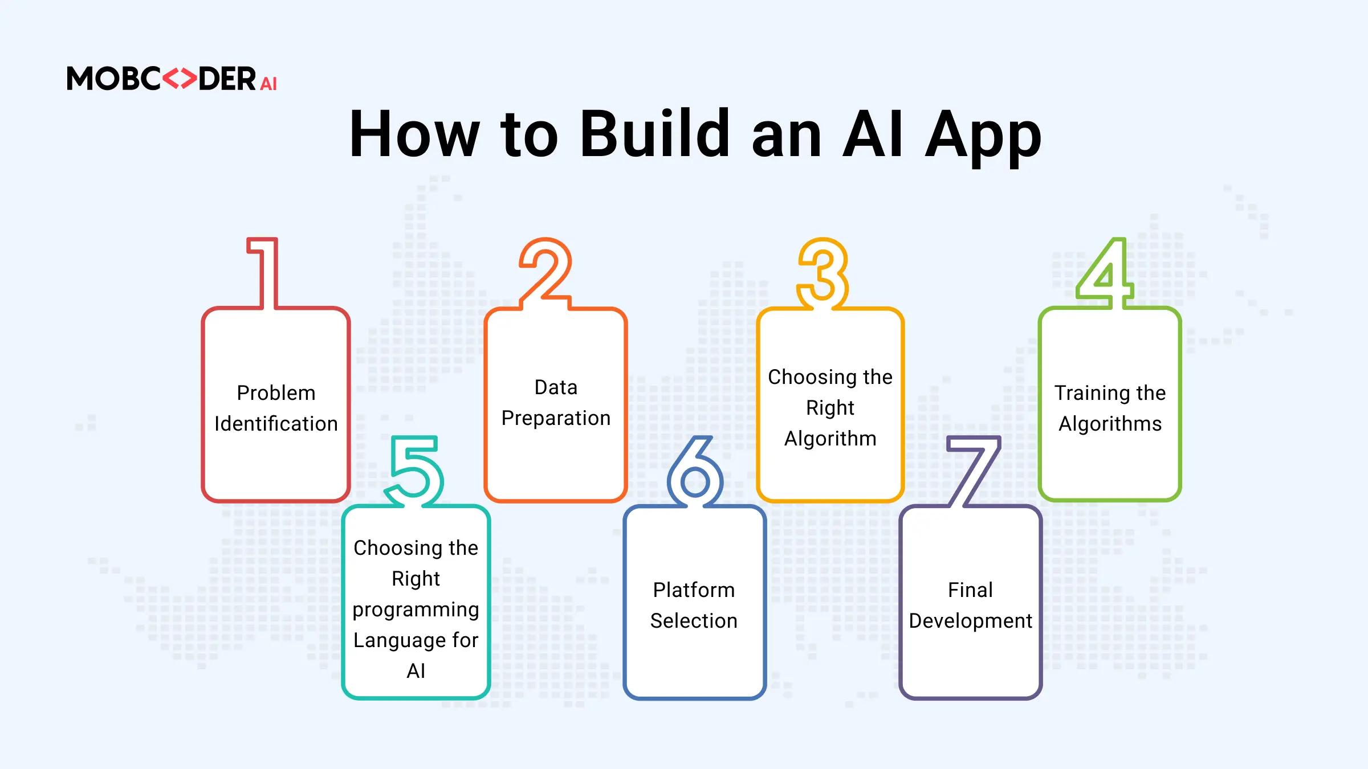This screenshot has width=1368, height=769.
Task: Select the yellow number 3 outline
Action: [823, 273]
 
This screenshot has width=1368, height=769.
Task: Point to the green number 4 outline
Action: [1105, 273]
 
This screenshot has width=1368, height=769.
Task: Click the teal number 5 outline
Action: [414, 471]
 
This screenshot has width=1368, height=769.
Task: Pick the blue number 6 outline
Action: [695, 471]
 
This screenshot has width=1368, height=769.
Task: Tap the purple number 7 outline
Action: [974, 471]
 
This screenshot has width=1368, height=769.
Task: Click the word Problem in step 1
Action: [276, 393]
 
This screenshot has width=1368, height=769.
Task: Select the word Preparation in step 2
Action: [556, 419]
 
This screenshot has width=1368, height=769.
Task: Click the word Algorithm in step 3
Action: [830, 439]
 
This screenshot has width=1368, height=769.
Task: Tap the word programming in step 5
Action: [416, 610]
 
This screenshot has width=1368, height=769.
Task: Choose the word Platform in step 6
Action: [694, 590]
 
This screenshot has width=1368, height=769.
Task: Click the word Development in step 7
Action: [971, 621]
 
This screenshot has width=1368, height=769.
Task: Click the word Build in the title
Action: [655, 134]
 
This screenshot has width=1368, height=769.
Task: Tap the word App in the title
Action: [984, 138]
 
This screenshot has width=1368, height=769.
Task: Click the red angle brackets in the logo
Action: [180, 79]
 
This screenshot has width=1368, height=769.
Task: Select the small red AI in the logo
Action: [268, 84]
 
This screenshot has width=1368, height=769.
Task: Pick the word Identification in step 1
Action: [276, 424]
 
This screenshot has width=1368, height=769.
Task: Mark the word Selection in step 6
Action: [694, 621]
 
